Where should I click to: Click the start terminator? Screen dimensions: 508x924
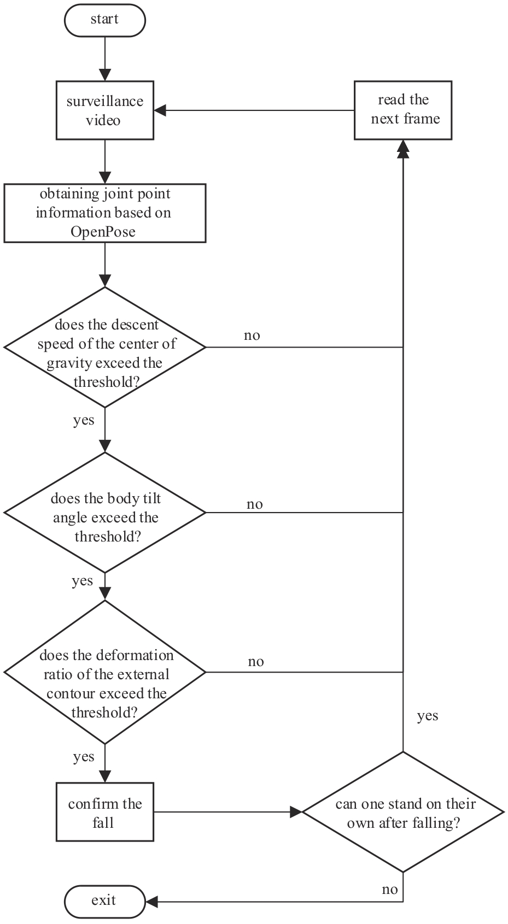105,20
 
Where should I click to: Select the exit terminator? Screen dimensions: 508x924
105,902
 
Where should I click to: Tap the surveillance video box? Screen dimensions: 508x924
105,110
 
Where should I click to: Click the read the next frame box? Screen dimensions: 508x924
403,110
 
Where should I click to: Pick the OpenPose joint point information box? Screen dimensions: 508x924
105,213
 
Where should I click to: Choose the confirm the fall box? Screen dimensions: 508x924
105,812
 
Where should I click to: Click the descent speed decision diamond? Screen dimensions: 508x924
105,348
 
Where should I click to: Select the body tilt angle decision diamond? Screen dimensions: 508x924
105,513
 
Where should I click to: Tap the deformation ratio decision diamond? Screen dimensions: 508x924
105,673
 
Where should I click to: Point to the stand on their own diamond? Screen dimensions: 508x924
403,812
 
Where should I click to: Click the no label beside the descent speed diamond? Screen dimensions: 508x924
252,336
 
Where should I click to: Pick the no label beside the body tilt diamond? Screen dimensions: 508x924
255,504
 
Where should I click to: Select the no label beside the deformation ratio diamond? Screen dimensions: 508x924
256,662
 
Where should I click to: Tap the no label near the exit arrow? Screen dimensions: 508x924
389,890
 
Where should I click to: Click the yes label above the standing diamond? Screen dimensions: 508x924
428,716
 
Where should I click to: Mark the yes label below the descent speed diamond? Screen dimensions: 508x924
84,420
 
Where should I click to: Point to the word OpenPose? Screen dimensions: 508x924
103,232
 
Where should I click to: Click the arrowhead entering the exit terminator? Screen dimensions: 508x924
151,902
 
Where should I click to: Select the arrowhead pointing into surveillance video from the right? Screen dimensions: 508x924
160,110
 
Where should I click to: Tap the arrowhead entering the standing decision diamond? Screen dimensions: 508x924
296,812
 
